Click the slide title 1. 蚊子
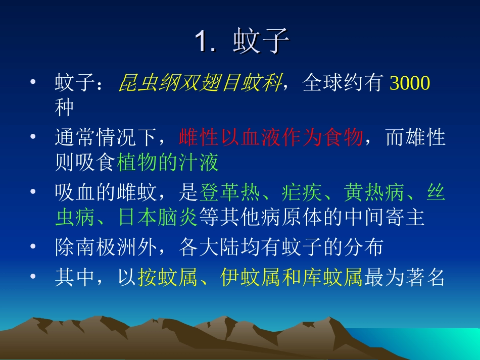point(241,42)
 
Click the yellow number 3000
point(410,83)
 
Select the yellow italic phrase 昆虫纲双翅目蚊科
point(200,83)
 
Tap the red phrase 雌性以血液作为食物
point(271,138)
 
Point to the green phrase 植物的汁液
point(168,163)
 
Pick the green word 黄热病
point(375,192)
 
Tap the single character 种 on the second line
point(65,108)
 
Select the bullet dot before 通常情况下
point(33,138)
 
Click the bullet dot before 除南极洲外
point(33,247)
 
